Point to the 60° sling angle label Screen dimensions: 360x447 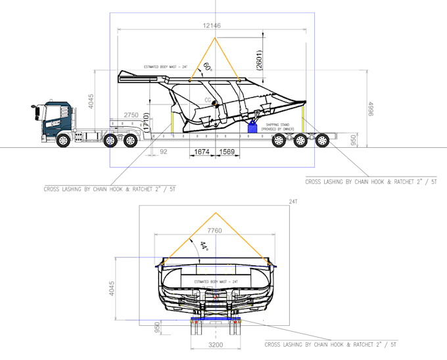(x=207, y=67)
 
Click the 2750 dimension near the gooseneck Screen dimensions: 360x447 (x=131, y=115)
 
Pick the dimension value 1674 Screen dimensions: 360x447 (x=201, y=152)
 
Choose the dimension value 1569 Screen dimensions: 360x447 (x=227, y=152)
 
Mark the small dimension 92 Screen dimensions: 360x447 (x=164, y=152)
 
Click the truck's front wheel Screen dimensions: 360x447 (x=64, y=139)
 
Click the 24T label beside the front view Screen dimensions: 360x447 (x=293, y=202)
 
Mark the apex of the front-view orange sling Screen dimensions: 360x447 (x=215, y=213)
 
